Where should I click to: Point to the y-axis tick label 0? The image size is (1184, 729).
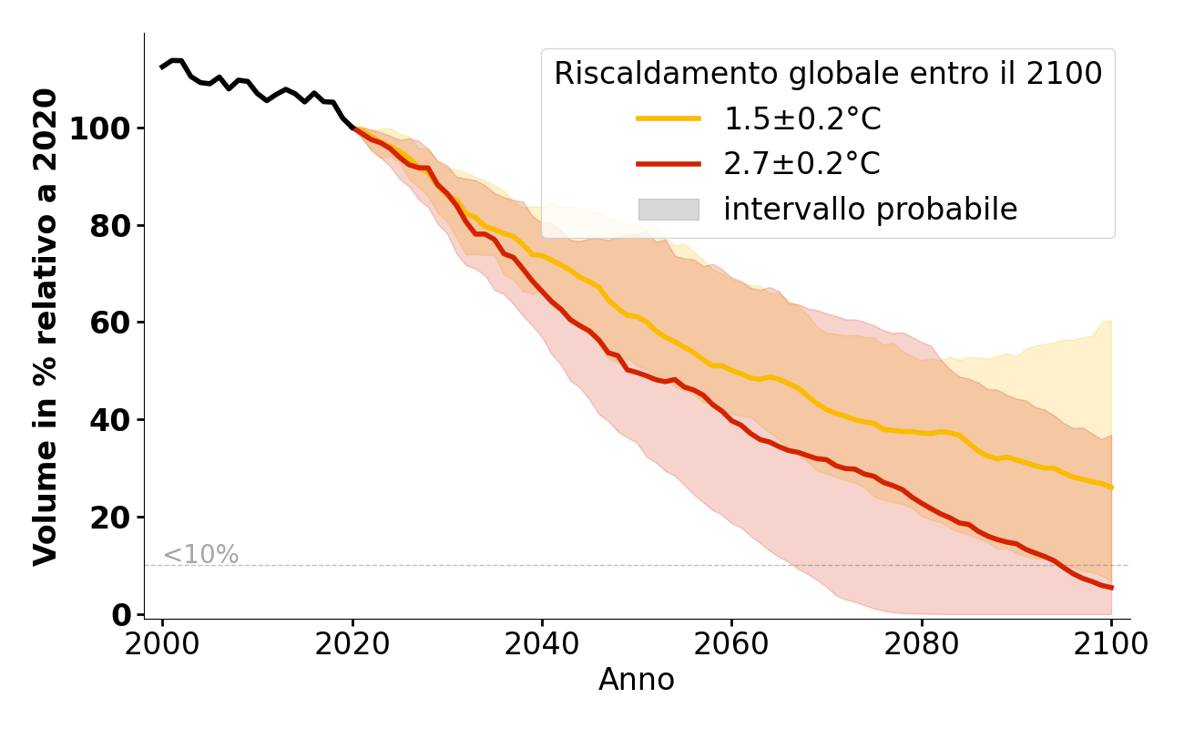(x=121, y=615)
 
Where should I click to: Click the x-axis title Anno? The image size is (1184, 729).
(x=637, y=681)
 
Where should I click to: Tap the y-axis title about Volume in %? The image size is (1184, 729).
(x=46, y=326)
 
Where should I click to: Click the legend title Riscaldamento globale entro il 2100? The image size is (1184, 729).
(x=828, y=74)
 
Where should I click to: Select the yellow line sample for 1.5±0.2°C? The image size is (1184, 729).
(x=669, y=118)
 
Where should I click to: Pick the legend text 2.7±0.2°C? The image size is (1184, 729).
(x=801, y=164)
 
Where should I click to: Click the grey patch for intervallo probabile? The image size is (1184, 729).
(x=669, y=210)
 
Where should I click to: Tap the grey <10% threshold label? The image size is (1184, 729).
(x=200, y=554)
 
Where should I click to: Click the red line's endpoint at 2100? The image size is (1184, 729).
(x=1111, y=588)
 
